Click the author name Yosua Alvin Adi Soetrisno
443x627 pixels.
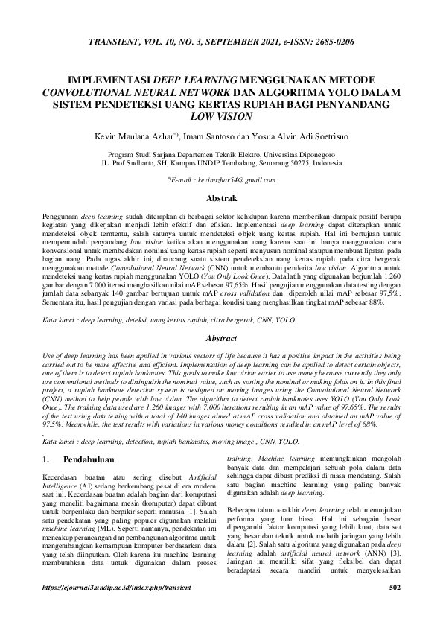[305, 137]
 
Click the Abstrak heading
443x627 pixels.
[221, 199]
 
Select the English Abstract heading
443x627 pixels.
[221, 338]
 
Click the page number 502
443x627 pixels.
[395, 608]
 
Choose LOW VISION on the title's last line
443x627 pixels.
[221, 116]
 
